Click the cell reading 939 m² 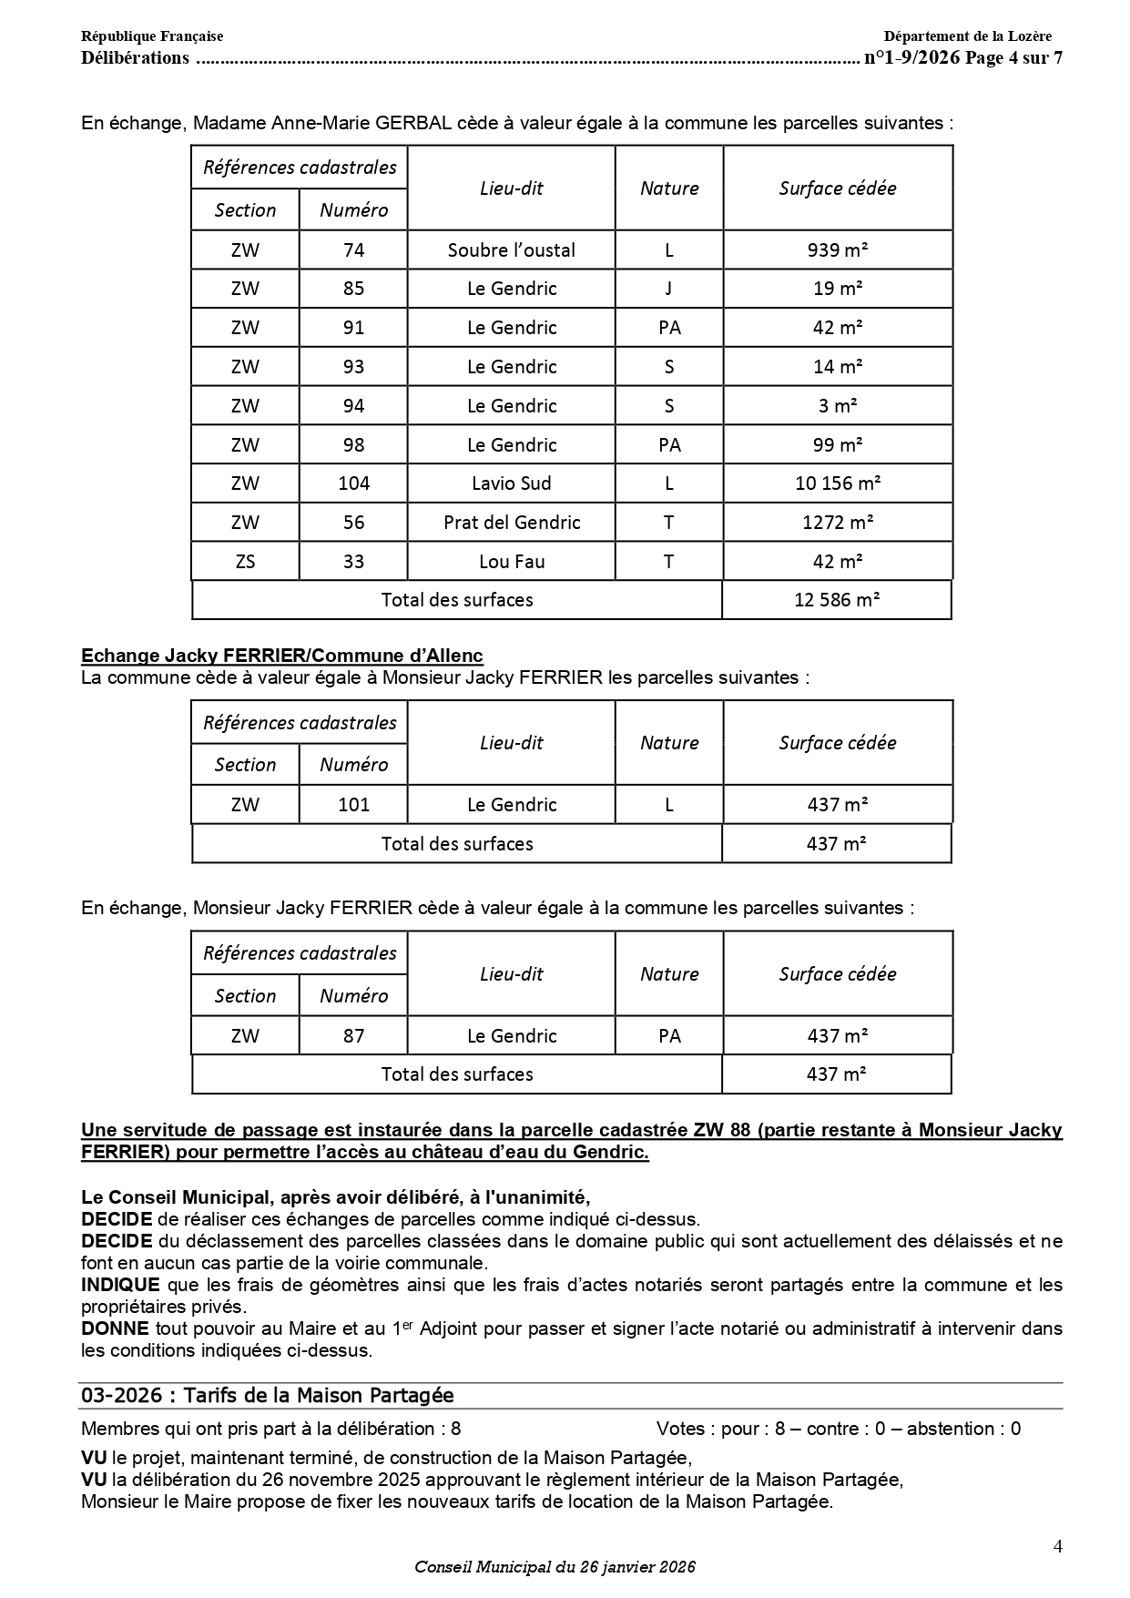click(x=837, y=249)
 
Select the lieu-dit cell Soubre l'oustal click(x=511, y=249)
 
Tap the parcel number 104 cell click(x=353, y=483)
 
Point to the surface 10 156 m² click(x=837, y=483)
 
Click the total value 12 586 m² click(x=836, y=600)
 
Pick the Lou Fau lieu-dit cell click(x=511, y=562)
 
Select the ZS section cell click(x=245, y=562)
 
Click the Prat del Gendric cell click(x=511, y=523)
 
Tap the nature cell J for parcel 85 click(x=669, y=289)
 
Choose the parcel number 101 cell click(x=353, y=805)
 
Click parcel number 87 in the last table click(x=353, y=1036)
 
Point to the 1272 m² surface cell click(x=837, y=523)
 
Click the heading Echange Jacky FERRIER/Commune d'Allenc click(x=281, y=656)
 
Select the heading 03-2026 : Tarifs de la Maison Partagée click(x=267, y=1396)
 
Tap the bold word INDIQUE click(x=120, y=1286)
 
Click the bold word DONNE click(x=115, y=1329)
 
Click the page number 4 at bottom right click(x=1057, y=1546)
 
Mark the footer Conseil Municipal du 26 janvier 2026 click(x=555, y=1567)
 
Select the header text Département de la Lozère click(x=967, y=36)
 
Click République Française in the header click(x=152, y=36)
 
